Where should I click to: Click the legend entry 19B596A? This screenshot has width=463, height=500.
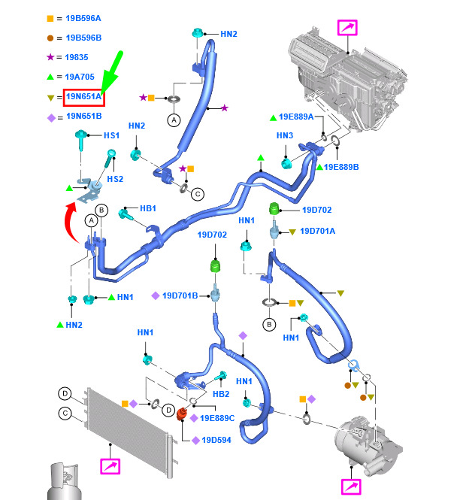pyautogui.click(x=83, y=17)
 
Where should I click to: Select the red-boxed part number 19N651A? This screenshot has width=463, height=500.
pyautogui.click(x=83, y=97)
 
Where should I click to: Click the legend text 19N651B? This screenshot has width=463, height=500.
pyautogui.click(x=83, y=117)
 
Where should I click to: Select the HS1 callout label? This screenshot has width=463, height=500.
pyautogui.click(x=110, y=135)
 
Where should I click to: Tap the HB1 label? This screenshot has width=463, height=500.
pyautogui.click(x=148, y=208)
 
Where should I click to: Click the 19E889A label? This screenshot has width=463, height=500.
pyautogui.click(x=297, y=117)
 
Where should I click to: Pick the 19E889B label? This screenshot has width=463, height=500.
pyautogui.click(x=342, y=166)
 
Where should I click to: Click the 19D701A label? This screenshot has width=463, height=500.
pyautogui.click(x=317, y=232)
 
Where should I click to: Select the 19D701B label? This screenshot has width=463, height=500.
pyautogui.click(x=179, y=295)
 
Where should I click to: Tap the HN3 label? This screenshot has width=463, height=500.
pyautogui.click(x=284, y=135)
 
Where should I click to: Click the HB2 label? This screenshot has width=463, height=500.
pyautogui.click(x=221, y=394)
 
